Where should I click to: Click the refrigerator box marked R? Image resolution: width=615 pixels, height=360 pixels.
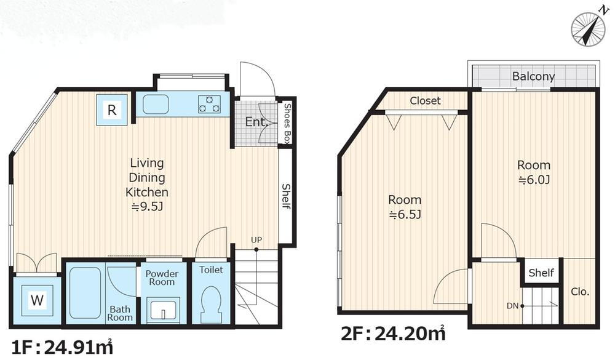coord(112,110)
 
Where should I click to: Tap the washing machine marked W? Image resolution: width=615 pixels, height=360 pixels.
coord(37,300)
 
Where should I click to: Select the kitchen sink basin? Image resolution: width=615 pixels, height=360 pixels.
coord(156,104)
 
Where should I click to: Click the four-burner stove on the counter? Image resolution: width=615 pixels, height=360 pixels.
coord(209,103)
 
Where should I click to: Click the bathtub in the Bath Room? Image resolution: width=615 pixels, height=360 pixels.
coord(85,293)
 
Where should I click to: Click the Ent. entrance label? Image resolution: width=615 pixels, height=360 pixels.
coord(256,122)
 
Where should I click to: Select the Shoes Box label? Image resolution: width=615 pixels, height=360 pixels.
coord(287,122)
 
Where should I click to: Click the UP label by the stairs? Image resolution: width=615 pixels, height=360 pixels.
coord(256,239)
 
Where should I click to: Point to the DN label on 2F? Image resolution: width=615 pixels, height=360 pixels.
coord(512,306)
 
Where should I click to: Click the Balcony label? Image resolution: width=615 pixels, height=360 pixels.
coord(533,76)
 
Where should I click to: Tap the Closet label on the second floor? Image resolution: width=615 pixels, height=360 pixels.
coord(425,101)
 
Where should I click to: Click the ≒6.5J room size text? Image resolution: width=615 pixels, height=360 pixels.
coord(405,215)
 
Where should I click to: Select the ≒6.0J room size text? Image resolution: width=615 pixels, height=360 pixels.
coord(534,180)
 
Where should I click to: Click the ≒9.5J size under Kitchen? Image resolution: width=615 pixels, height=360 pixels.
coord(147,207)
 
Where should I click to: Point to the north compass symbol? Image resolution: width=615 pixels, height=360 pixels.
coord(588,29)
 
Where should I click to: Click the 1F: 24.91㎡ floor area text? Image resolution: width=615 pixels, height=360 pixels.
coord(62,347)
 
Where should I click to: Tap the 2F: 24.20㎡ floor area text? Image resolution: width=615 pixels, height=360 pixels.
coord(393,334)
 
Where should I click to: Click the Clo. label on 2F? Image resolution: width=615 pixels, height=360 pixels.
coord(580,292)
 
